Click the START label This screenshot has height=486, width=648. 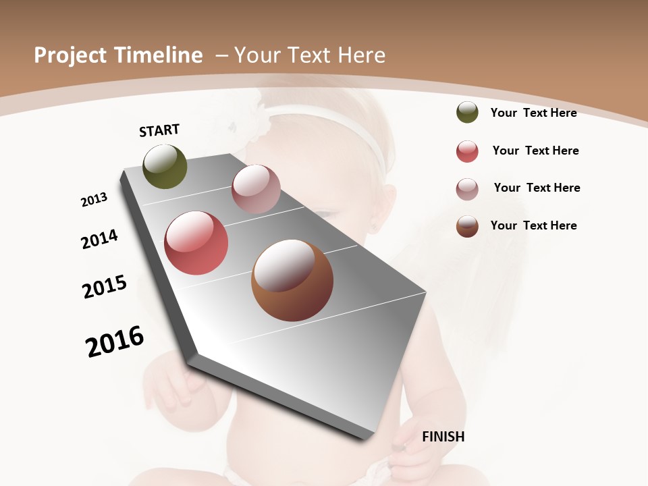coord(159,130)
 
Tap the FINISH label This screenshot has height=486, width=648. coord(443,437)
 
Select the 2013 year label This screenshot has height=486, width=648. coord(94,200)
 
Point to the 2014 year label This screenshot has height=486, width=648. coord(99,239)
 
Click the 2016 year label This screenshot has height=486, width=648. coord(115,342)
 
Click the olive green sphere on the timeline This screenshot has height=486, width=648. coord(165,167)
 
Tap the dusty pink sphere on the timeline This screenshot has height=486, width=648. coord(256,189)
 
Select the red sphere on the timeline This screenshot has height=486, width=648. coord(196,243)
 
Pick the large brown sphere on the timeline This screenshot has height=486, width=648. coord(292,280)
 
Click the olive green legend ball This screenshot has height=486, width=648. coord(467,112)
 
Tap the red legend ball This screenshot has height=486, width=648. coord(467,151)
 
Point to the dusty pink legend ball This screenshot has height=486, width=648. coord(467,189)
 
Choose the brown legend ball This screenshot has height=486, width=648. coord(467,226)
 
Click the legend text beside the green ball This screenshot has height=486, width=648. coord(533,113)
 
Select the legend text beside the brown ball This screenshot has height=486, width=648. coord(533,225)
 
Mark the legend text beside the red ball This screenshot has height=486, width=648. coord(535,151)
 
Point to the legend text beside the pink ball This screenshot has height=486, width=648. coord(537,188)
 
